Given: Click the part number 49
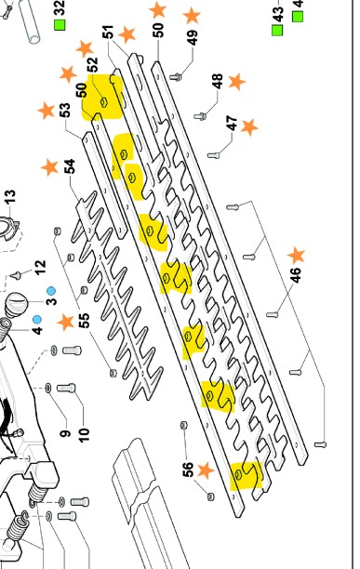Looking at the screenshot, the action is click(193, 37).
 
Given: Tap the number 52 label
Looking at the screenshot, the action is click(92, 64).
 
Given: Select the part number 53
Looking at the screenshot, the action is click(64, 111).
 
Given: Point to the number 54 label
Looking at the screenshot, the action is click(69, 166).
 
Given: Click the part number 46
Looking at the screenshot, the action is click(296, 274).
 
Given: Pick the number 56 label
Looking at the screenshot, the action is click(187, 470).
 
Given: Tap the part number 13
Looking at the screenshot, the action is click(10, 197).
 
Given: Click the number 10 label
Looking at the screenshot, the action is click(84, 434).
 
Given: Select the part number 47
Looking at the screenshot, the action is click(232, 123).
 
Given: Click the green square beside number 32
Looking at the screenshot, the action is click(60, 25).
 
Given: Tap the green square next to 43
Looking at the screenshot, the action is click(277, 30).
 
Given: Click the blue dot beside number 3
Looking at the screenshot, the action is click(51, 291).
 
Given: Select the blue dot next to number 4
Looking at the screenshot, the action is click(36, 319).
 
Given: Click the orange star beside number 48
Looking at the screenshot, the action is click(237, 82).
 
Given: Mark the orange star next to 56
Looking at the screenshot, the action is click(206, 470).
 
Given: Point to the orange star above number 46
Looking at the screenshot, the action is click(296, 255).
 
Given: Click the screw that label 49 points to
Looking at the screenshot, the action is click(176, 77).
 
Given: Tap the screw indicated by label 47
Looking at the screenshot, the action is click(214, 155).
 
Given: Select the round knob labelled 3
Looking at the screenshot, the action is click(17, 303).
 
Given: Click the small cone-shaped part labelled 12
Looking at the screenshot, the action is click(16, 275).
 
